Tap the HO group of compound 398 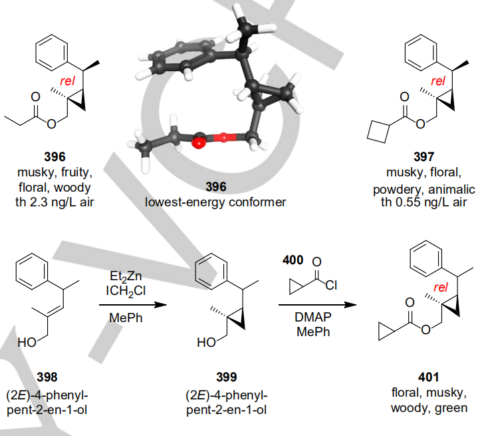tap(27, 344)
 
